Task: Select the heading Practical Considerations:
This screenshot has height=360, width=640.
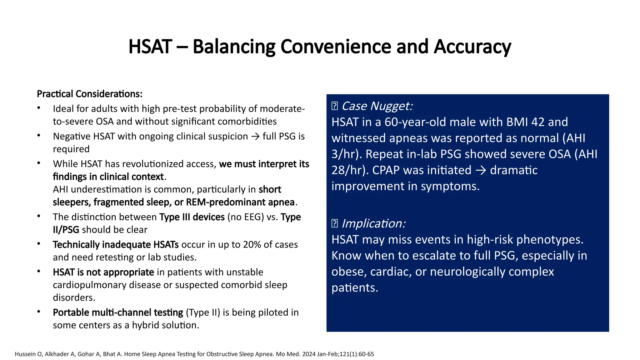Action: coord(90,94)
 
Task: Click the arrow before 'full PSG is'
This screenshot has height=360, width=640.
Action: coord(255,137)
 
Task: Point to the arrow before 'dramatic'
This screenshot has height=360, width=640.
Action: coord(481,170)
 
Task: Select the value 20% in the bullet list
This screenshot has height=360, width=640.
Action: coord(252,245)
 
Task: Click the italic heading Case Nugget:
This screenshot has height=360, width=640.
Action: coord(377,106)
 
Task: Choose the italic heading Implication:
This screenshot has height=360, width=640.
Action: coord(374,224)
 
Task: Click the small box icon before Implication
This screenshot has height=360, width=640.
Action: coord(334,224)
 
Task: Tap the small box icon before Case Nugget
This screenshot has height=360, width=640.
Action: coord(334,106)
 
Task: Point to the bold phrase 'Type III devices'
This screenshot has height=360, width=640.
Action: coord(192,217)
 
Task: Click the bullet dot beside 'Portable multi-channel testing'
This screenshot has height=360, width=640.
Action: coord(39,312)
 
